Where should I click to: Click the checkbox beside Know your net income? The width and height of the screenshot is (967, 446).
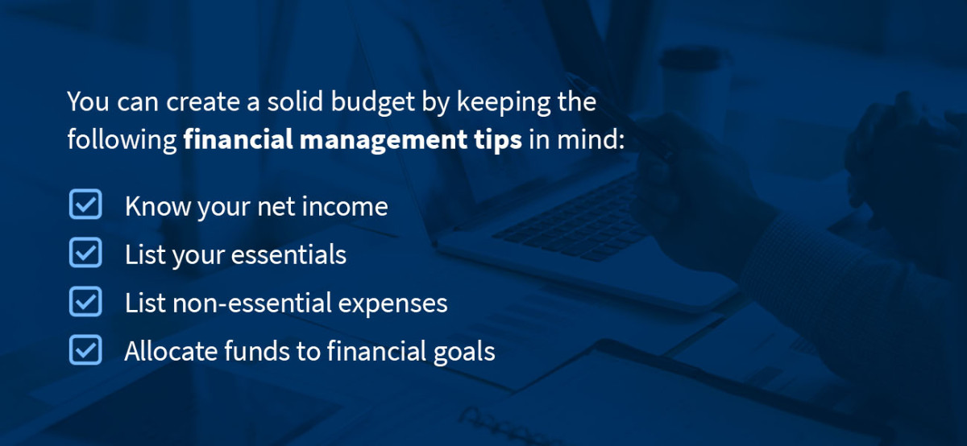tap(85, 205)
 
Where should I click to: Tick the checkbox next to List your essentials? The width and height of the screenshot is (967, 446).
tap(85, 254)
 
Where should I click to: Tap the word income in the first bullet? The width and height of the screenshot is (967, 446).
tap(347, 207)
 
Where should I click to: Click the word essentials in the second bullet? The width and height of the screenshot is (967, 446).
tap(289, 255)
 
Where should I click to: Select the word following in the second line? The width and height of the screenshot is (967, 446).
tap(121, 140)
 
